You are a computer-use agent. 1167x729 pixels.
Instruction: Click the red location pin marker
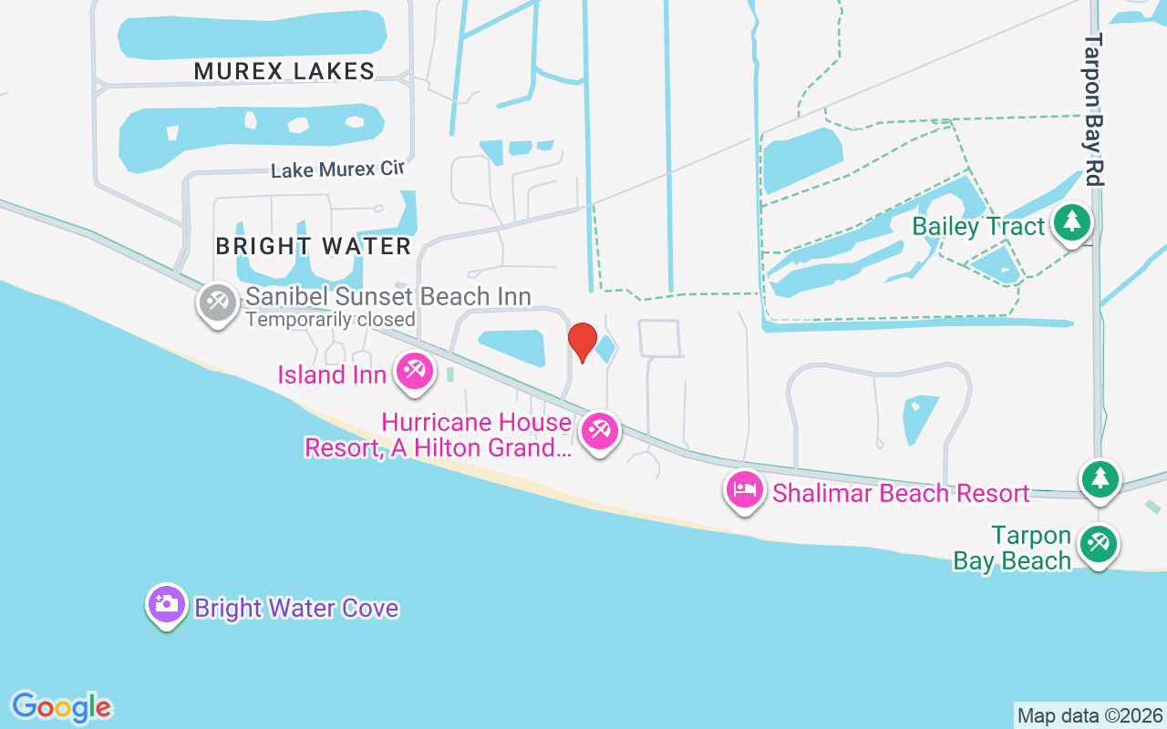pyautogui.click(x=583, y=342)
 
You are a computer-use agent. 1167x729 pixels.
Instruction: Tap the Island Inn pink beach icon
pyautogui.click(x=415, y=371)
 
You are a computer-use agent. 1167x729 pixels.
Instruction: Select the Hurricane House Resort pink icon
pyautogui.click(x=599, y=430)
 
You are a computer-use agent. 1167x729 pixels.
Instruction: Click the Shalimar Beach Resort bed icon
pyautogui.click(x=745, y=490)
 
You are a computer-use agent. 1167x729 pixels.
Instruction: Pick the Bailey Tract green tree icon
pyautogui.click(x=1072, y=222)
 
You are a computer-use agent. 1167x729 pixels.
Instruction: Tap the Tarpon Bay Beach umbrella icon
pyautogui.click(x=1098, y=545)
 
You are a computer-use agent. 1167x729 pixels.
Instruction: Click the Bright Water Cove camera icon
pyautogui.click(x=166, y=604)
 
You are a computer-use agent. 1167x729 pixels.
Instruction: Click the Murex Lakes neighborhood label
pyautogui.click(x=284, y=71)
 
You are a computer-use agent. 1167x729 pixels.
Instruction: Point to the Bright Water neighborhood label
pyautogui.click(x=314, y=246)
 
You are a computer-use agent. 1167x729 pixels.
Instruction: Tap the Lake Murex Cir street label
pyautogui.click(x=337, y=169)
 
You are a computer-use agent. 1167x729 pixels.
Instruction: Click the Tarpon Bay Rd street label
pyautogui.click(x=1094, y=109)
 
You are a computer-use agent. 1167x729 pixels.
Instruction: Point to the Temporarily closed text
pyautogui.click(x=330, y=320)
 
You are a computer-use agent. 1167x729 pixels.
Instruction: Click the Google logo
pyautogui.click(x=61, y=707)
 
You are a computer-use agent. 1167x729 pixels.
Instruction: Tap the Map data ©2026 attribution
pyautogui.click(x=1090, y=715)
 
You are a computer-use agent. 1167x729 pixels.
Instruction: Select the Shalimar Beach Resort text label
pyautogui.click(x=901, y=493)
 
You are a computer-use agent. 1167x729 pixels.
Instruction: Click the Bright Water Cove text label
pyautogui.click(x=296, y=608)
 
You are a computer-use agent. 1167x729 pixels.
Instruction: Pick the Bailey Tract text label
pyautogui.click(x=979, y=226)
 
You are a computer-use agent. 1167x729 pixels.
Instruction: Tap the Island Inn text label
pyautogui.click(x=332, y=375)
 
